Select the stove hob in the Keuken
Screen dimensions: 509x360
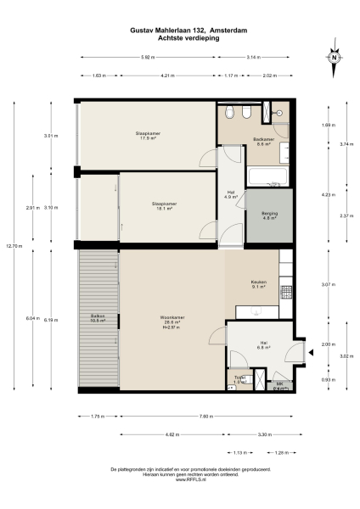286,290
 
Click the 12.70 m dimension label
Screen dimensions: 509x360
11,246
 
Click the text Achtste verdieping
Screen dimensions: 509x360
180,38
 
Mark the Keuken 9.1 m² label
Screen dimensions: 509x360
258,284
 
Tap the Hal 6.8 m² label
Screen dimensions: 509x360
264,345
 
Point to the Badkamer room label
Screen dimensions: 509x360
263,141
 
